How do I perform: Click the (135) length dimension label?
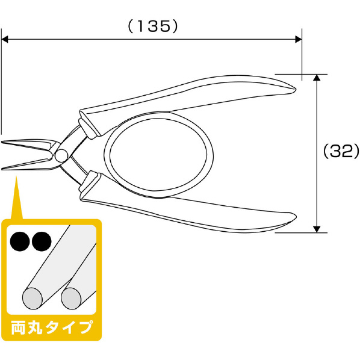click(153, 26)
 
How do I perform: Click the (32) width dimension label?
click(341, 151)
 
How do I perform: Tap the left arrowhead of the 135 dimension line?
click(5, 39)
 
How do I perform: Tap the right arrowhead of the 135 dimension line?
click(298, 39)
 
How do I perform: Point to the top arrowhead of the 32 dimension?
click(317, 78)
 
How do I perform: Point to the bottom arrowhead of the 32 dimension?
click(317, 229)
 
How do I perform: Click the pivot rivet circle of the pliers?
click(61, 155)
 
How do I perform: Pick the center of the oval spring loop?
click(159, 155)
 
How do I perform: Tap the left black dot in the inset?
click(20, 241)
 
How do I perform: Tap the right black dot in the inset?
click(42, 241)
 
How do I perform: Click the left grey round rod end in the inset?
click(33, 298)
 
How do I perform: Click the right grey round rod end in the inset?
click(71, 298)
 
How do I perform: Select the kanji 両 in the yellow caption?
click(19, 328)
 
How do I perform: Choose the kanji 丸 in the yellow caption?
click(36, 328)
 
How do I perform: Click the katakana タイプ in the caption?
click(69, 328)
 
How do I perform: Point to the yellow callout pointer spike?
click(16, 197)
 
